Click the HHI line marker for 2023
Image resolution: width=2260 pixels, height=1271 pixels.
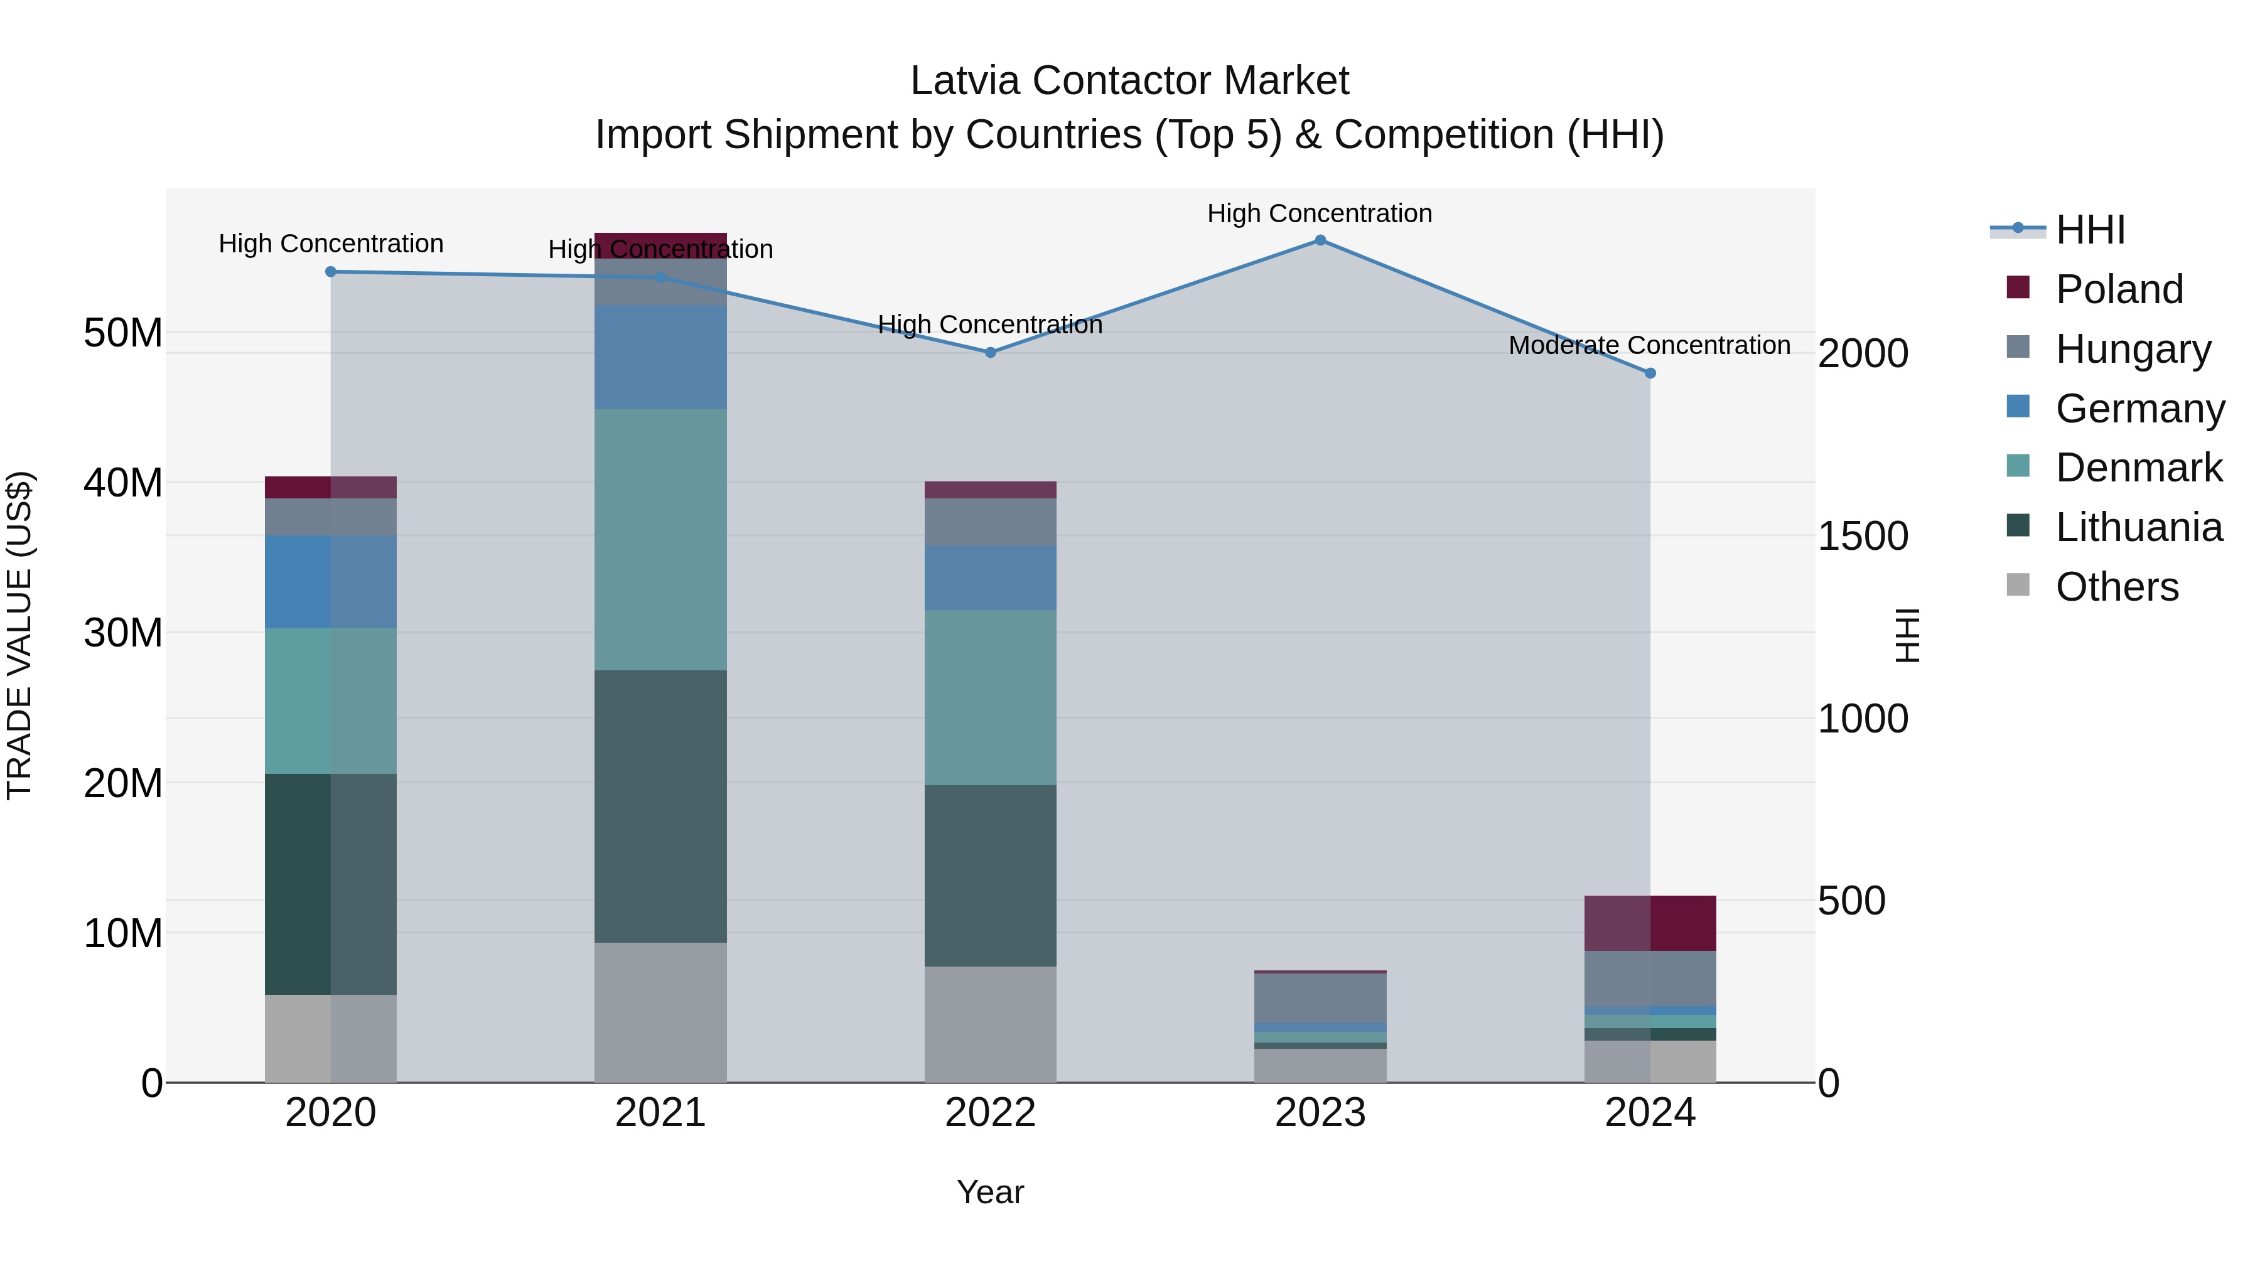[x=1320, y=240]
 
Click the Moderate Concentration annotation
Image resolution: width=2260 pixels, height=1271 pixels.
[x=1649, y=346]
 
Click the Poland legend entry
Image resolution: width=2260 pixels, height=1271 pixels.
[x=2118, y=289]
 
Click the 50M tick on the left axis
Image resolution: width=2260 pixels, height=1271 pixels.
[x=123, y=333]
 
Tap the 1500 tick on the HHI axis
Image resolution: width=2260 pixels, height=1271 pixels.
[x=1862, y=536]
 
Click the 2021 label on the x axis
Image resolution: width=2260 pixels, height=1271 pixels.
[x=660, y=1113]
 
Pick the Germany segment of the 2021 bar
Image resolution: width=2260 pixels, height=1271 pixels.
[x=660, y=357]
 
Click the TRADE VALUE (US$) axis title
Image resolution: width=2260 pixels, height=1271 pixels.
[x=19, y=635]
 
